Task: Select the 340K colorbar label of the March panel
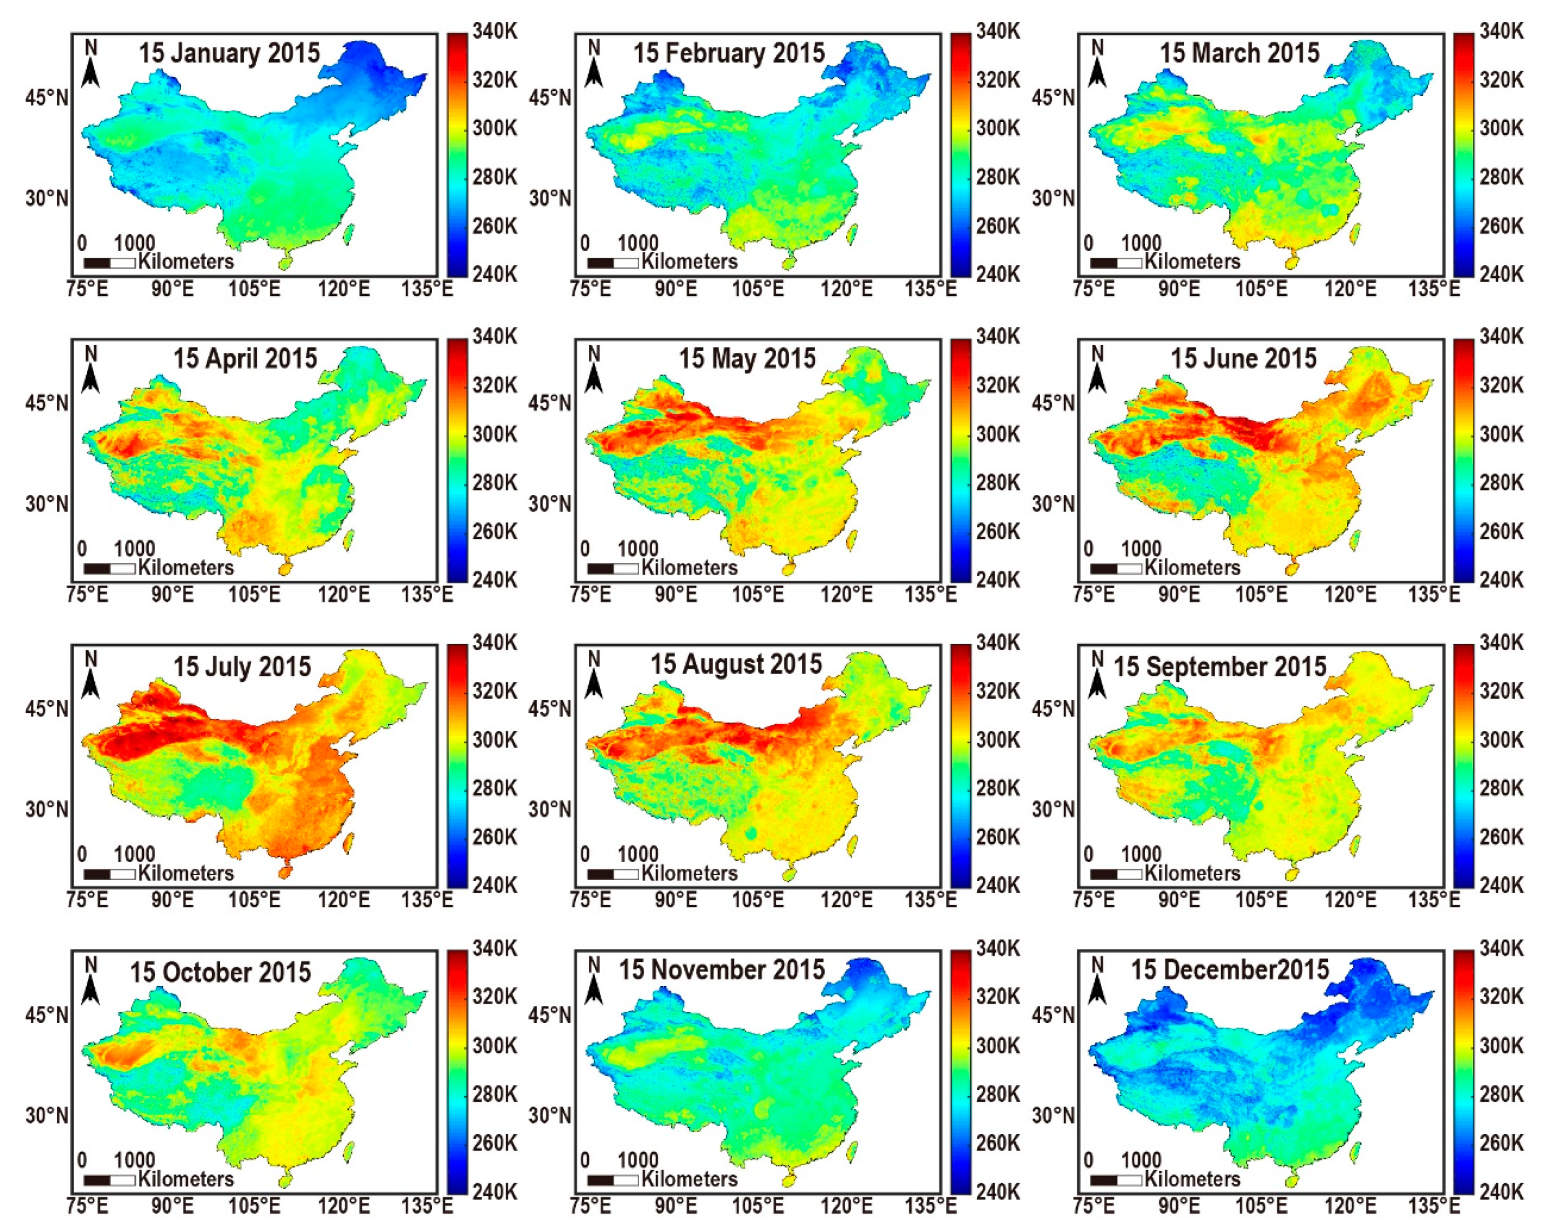click(1501, 31)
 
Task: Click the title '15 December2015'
click(1230, 970)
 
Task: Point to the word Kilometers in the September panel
click(1193, 874)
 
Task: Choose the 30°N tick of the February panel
click(550, 198)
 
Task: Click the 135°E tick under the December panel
click(1435, 1207)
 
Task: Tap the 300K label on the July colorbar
click(495, 740)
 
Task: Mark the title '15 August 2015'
click(736, 664)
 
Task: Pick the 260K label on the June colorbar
click(1501, 531)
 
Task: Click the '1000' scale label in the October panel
click(134, 1161)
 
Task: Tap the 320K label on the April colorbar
click(495, 386)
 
